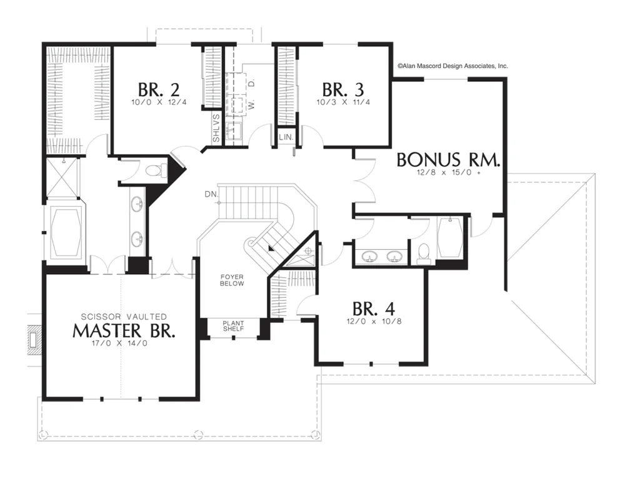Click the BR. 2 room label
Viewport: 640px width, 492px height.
pos(158,89)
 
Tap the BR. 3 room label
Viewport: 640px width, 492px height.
pos(343,89)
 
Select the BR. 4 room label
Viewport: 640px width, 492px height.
pos(374,309)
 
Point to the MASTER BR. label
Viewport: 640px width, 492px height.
pos(124,330)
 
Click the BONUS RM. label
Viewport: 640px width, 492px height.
pos(448,160)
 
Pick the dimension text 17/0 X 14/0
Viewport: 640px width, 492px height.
pos(119,343)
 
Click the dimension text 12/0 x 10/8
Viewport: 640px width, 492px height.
pos(374,321)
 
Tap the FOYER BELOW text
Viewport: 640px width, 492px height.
pos(232,280)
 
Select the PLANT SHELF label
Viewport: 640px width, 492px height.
pos(234,326)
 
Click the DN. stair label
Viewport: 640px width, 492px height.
pos(211,194)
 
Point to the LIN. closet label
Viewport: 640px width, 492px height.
pos(286,137)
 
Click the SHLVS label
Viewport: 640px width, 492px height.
pos(216,128)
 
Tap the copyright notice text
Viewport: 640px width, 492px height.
pos(452,66)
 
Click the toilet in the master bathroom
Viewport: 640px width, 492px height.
pos(156,170)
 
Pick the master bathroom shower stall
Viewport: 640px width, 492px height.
pos(61,177)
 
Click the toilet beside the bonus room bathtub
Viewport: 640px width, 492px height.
pos(424,253)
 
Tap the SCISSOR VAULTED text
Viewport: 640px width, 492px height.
pos(124,317)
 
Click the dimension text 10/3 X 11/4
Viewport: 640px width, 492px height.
pos(343,102)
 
